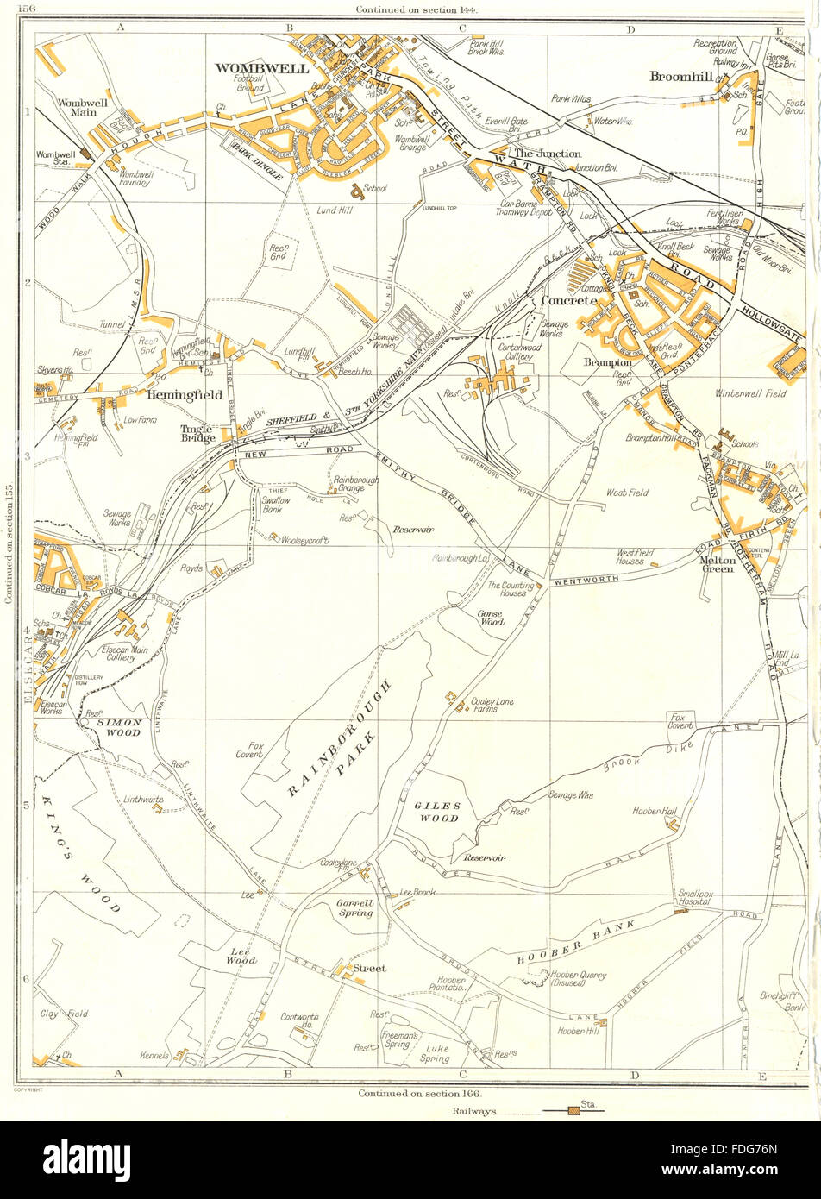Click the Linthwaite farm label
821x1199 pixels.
tap(143, 800)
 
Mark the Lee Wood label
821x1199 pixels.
tap(241, 957)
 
